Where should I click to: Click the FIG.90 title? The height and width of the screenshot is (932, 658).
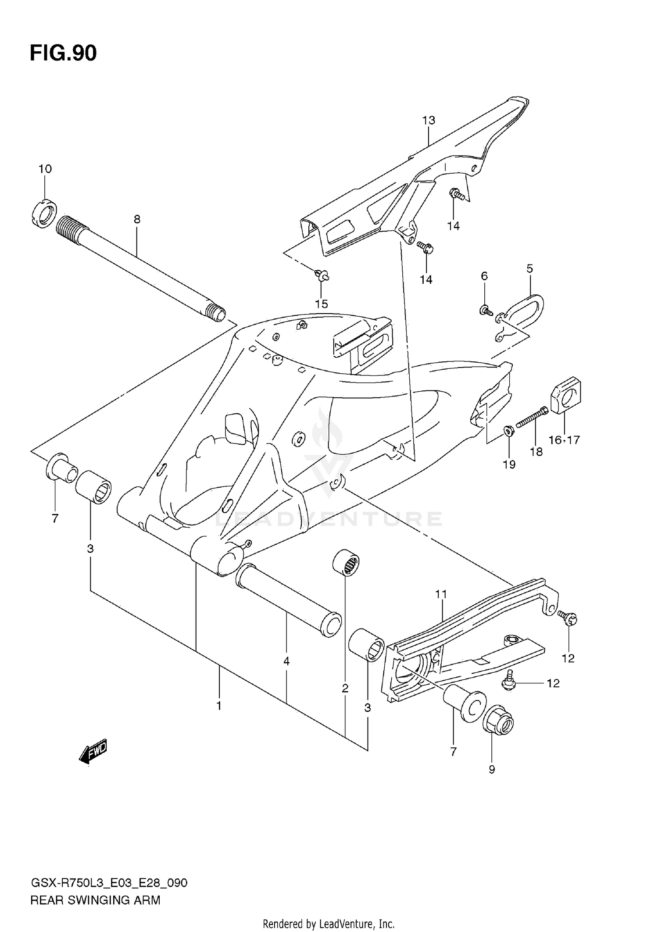(x=63, y=53)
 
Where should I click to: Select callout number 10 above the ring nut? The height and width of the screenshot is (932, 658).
(x=45, y=169)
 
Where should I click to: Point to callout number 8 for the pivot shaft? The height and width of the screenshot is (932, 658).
(x=137, y=219)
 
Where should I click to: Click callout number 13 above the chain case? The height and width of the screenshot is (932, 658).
(x=429, y=120)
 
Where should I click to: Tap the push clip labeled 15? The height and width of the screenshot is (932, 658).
(x=322, y=276)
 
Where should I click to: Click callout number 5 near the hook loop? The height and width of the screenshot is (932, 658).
(x=529, y=268)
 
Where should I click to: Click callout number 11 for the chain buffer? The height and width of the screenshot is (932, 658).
(x=441, y=594)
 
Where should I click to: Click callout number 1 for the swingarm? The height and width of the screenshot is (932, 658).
(x=218, y=706)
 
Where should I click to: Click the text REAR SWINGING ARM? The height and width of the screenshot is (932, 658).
(x=95, y=901)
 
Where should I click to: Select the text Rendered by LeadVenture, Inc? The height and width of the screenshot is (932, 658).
(x=329, y=925)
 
